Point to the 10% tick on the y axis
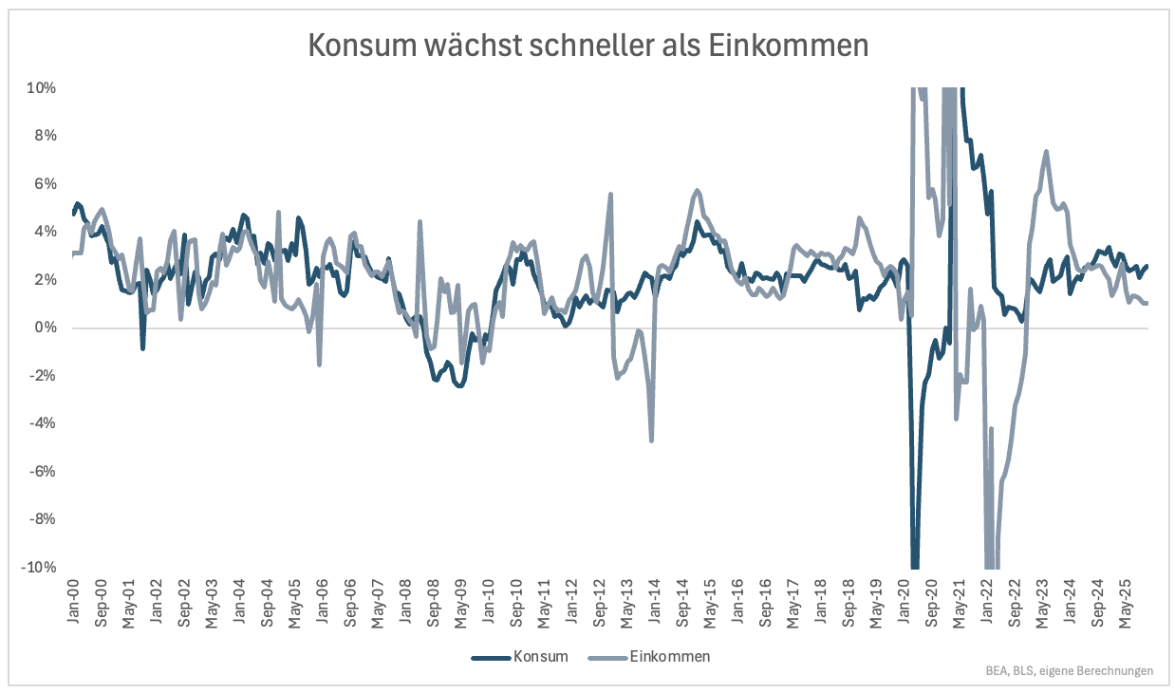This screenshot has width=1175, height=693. click(x=42, y=88)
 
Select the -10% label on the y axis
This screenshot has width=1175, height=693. click(x=39, y=568)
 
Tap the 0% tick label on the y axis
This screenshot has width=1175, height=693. click(x=45, y=328)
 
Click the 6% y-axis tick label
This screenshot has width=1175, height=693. click(x=45, y=184)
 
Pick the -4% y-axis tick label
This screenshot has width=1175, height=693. click(x=42, y=423)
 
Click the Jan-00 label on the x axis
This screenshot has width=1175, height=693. click(x=74, y=596)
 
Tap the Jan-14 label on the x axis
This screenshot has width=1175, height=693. click(x=655, y=596)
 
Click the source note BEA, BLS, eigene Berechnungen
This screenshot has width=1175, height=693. click(x=1070, y=671)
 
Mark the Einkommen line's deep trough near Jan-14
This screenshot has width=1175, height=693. click(x=651, y=440)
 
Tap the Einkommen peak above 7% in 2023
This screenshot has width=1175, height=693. click(x=1046, y=151)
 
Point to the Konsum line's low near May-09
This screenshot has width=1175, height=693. click(x=458, y=385)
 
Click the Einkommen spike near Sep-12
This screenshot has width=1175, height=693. click(x=610, y=195)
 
